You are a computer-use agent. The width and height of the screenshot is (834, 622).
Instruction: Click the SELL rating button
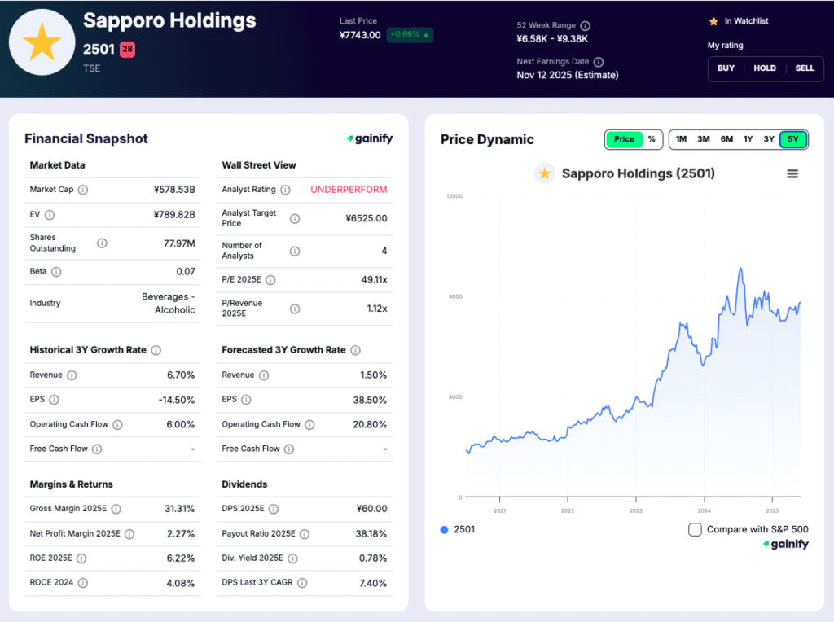point(805,68)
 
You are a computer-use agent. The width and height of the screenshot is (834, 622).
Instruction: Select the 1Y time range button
point(748,139)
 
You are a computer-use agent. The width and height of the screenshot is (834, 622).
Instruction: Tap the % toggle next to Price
point(652,139)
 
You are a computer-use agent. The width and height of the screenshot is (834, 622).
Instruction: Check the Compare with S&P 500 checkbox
point(695,530)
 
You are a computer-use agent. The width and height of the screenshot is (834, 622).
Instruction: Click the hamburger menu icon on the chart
point(792,173)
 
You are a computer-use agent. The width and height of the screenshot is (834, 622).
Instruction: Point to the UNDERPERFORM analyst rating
point(349,190)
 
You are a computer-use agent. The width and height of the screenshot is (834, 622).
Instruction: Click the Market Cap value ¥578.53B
point(174,190)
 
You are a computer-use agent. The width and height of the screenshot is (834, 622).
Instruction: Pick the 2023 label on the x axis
point(636,511)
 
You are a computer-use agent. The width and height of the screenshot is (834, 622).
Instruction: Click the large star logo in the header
point(42,42)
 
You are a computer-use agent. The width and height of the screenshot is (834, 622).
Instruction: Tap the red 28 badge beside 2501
point(128,50)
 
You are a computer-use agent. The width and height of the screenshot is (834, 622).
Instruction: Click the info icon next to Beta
point(56,272)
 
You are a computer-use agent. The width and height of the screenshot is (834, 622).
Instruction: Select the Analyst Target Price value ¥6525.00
point(366,218)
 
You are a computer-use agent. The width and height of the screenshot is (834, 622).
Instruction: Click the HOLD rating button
point(765,68)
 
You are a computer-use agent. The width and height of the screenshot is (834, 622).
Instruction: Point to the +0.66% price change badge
point(410,35)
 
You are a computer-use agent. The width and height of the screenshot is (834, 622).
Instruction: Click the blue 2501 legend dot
point(444,530)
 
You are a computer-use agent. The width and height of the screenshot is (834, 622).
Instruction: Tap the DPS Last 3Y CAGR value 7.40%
point(373,583)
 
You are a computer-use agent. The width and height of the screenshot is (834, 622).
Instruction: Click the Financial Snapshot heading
point(86,139)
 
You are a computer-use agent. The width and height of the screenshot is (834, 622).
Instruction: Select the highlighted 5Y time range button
point(792,139)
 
